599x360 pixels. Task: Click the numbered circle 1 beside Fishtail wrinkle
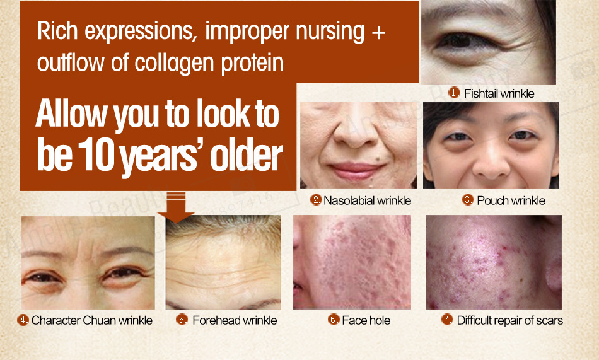[x=454, y=93]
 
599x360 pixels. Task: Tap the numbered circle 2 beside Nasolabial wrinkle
[x=316, y=199]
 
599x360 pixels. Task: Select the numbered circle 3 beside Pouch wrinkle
[x=468, y=199]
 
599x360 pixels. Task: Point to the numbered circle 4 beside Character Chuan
[x=23, y=320]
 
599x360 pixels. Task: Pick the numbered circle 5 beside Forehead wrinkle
[x=182, y=319]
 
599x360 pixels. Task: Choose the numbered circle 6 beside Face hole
[x=334, y=319]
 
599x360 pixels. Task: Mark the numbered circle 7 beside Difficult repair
[x=447, y=319]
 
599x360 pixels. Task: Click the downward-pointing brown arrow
[x=176, y=207]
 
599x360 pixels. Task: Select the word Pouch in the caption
[x=490, y=200]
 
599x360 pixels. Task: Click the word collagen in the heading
[x=175, y=64]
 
